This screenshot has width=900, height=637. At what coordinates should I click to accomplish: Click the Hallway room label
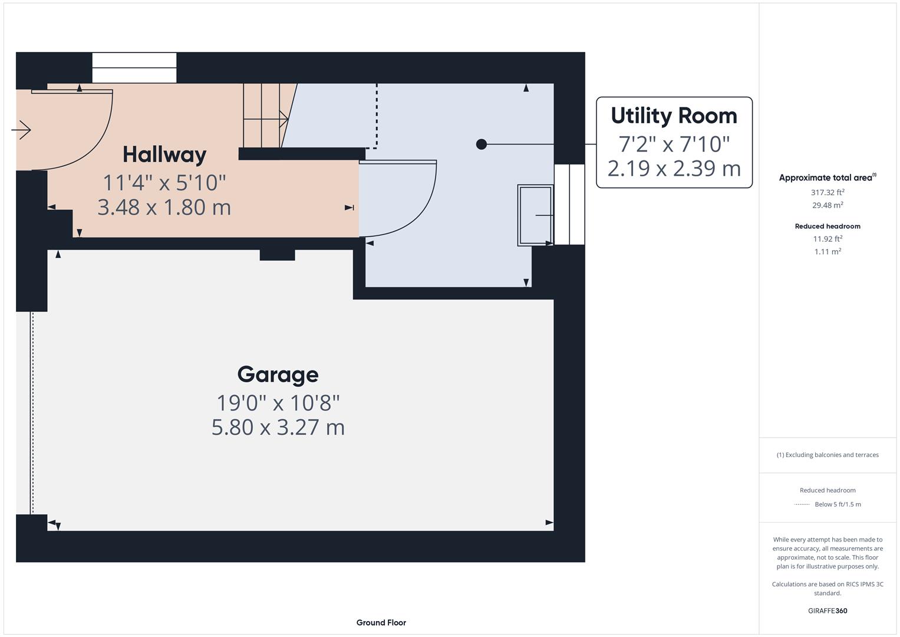[x=164, y=155]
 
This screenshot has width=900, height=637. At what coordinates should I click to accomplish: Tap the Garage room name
[x=278, y=375]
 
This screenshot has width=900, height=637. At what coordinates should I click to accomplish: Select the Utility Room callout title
[x=674, y=116]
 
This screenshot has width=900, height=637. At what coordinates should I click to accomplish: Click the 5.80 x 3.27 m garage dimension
[x=278, y=427]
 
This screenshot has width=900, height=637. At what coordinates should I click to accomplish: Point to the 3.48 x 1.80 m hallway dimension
[x=164, y=207]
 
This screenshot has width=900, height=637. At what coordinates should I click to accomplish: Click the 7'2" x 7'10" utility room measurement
[x=674, y=143]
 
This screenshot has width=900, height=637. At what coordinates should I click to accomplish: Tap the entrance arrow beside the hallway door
[x=21, y=130]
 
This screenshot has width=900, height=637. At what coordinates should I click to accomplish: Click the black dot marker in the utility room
[x=481, y=144]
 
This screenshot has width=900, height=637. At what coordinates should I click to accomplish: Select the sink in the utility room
[x=535, y=215]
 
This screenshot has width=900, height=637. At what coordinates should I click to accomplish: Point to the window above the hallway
[x=134, y=68]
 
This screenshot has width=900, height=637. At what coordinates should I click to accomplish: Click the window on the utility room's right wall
[x=569, y=204]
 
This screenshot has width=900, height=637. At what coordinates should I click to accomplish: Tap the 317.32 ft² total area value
[x=828, y=192]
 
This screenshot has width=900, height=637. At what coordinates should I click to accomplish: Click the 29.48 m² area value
[x=828, y=205]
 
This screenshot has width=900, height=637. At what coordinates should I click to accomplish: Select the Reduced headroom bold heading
[x=828, y=226]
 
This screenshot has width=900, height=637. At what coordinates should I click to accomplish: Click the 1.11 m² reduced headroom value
[x=828, y=252]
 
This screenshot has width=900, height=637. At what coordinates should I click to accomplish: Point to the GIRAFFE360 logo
[x=828, y=611]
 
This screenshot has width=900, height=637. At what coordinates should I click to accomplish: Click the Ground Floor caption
[x=381, y=622]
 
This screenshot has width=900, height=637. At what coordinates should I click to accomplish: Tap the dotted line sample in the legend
[x=802, y=505]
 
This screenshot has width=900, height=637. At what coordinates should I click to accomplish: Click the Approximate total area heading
[x=826, y=178]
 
